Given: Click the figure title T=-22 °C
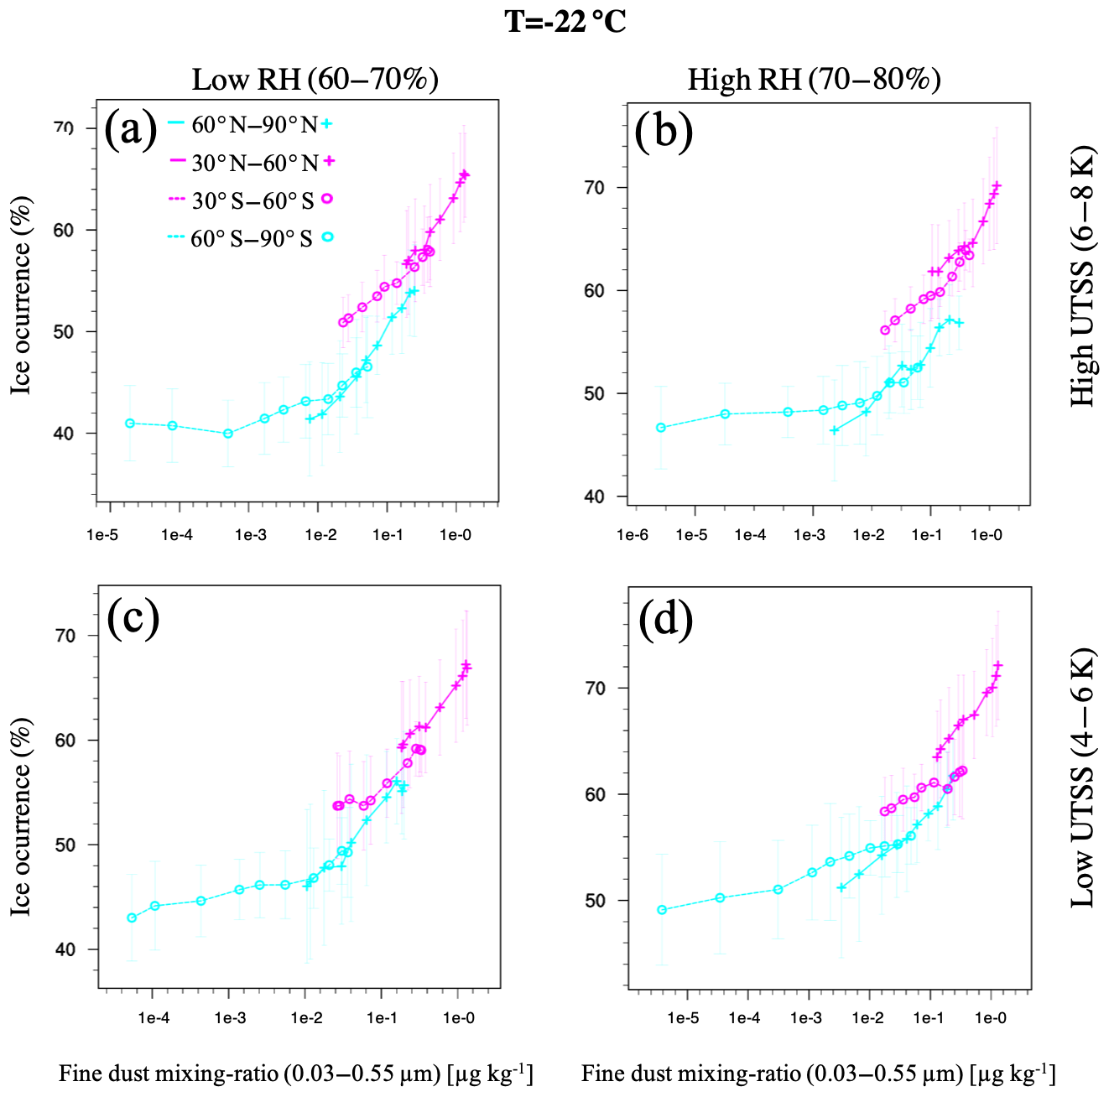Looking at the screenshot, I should (x=565, y=21).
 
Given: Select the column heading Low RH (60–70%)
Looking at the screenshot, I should (x=315, y=80).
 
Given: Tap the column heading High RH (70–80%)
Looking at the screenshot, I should (x=814, y=80).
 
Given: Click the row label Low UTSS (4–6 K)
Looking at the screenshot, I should (x=1083, y=777).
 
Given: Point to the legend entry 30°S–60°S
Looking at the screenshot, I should (x=253, y=200).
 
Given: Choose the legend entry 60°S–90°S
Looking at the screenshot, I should (x=252, y=238).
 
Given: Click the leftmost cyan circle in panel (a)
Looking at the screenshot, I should (x=130, y=423).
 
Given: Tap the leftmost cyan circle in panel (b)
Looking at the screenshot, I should (x=661, y=428).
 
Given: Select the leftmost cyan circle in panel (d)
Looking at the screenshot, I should (x=662, y=910).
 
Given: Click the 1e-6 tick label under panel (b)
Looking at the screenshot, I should (x=632, y=534).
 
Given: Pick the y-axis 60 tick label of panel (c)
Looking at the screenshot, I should (x=65, y=741).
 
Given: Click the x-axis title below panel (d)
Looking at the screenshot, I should (x=818, y=1074).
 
